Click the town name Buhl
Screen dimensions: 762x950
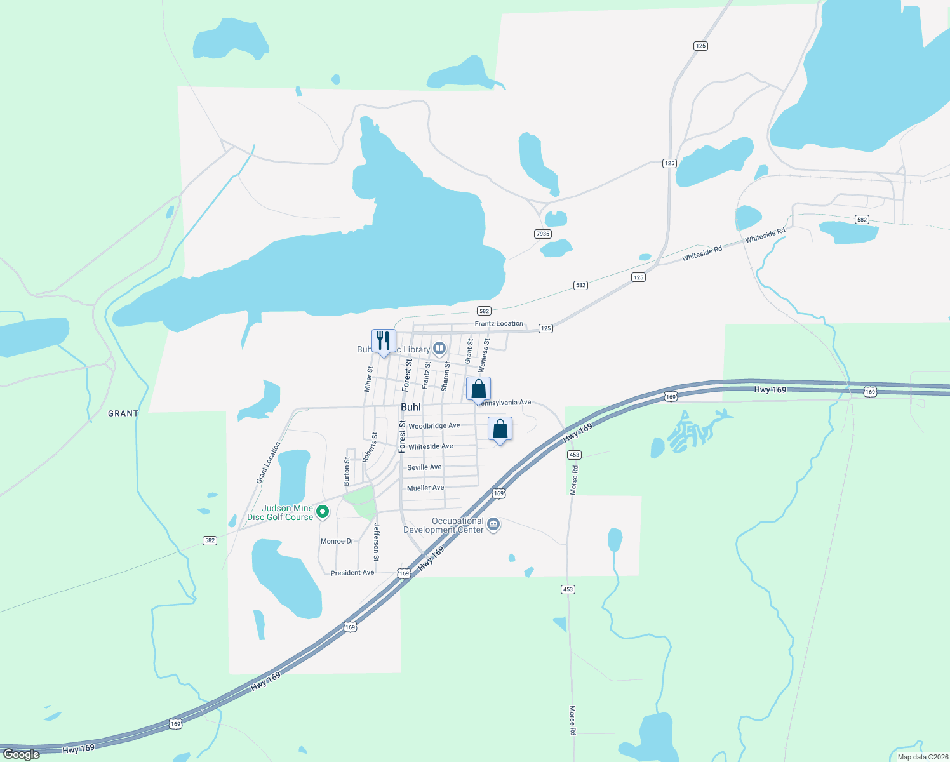click(411, 407)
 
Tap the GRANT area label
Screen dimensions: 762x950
click(123, 413)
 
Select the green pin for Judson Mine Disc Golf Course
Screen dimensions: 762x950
click(323, 511)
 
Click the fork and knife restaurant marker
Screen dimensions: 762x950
click(384, 341)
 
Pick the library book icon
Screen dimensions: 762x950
click(439, 348)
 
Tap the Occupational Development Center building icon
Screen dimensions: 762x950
click(493, 525)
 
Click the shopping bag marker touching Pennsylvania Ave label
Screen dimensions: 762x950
click(478, 389)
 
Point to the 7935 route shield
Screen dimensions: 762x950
click(542, 234)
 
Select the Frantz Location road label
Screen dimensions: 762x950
click(499, 324)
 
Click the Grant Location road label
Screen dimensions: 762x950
click(268, 463)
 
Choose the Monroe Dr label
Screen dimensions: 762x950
click(337, 542)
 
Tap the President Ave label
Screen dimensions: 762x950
click(352, 573)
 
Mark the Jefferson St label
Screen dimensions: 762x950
click(377, 542)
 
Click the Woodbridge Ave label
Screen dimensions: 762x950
click(434, 426)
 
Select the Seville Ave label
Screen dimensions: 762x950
click(424, 467)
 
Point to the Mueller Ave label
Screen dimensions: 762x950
click(425, 488)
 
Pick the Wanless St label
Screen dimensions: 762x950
click(484, 355)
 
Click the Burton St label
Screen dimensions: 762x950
click(347, 471)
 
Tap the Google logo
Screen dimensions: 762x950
click(21, 754)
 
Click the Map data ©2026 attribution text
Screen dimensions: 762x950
click(922, 757)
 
